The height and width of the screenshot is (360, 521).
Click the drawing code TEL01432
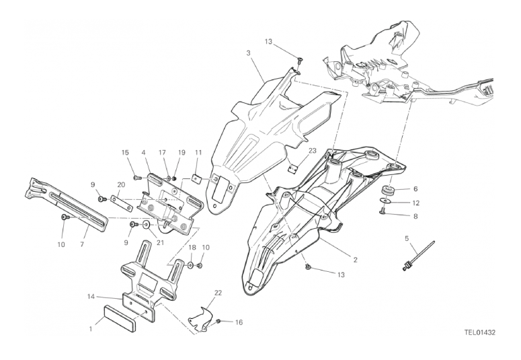(480, 332)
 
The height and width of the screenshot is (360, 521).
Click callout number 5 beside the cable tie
(406, 238)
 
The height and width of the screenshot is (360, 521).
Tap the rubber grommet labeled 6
(388, 191)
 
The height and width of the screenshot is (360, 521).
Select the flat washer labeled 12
(385, 201)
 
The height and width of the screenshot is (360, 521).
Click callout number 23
(313, 150)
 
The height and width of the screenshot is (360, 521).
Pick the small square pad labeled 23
(292, 168)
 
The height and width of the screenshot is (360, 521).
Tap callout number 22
(218, 293)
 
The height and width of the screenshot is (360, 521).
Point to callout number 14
(91, 296)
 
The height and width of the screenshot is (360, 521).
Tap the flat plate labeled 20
(122, 204)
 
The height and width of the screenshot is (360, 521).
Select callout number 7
(82, 244)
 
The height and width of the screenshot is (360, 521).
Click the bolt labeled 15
(137, 178)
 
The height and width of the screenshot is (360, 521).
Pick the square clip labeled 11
(198, 179)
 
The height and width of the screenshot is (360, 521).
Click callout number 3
(248, 53)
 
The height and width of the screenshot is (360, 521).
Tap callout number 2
(355, 260)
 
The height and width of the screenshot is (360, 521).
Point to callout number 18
(193, 247)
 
